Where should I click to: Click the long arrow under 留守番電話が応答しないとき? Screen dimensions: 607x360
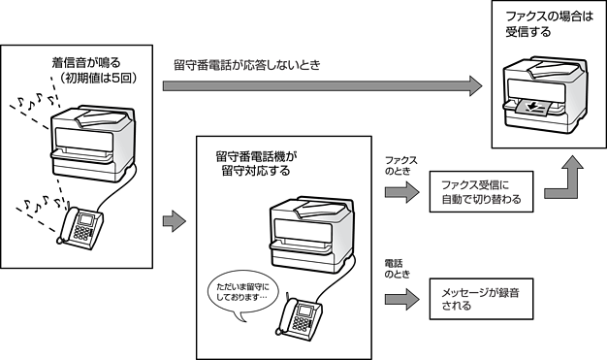tap(323, 86)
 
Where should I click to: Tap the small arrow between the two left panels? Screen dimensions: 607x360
tap(175, 221)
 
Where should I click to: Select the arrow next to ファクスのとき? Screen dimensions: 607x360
tap(402, 192)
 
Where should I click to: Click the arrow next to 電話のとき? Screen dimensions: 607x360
tap(402, 299)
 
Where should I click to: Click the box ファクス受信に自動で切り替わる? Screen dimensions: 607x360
tap(481, 192)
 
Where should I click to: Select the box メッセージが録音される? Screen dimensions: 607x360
tap(481, 299)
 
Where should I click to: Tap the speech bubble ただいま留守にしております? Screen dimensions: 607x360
tap(242, 295)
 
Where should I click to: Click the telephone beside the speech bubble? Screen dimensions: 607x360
tap(299, 317)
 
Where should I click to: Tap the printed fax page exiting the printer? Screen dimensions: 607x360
tap(534, 108)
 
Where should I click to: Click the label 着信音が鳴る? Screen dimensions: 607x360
tap(86, 62)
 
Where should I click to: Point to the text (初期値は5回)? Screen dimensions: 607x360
tap(97, 78)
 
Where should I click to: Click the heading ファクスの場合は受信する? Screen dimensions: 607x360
tap(549, 24)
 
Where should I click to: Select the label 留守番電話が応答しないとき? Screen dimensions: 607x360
tap(247, 65)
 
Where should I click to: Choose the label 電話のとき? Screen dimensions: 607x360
tap(397, 269)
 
